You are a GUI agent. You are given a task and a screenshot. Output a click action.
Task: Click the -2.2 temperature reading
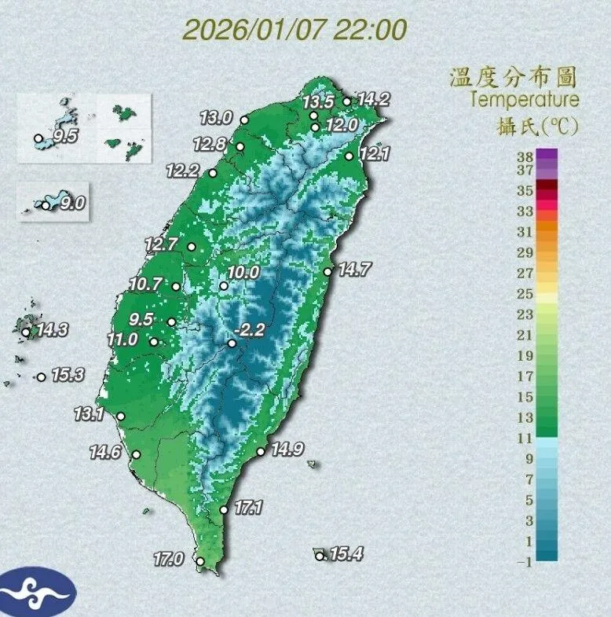click(x=251, y=331)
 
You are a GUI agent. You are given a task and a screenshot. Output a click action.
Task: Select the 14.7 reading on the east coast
click(x=353, y=270)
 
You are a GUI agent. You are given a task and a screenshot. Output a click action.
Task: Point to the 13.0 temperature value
click(x=215, y=118)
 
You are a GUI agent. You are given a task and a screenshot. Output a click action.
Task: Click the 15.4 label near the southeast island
click(x=346, y=554)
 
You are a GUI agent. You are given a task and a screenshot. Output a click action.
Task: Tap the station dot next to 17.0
click(x=200, y=561)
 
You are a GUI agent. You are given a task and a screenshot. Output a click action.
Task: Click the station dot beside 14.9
click(x=261, y=452)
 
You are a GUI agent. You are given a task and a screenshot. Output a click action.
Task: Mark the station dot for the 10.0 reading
click(x=224, y=286)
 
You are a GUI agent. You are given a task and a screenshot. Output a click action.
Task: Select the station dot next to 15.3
click(x=41, y=377)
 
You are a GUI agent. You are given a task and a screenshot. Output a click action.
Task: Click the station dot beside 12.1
click(x=349, y=156)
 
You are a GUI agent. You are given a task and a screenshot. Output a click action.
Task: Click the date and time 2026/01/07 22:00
click(x=295, y=30)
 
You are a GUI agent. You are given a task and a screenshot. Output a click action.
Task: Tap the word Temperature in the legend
click(x=525, y=100)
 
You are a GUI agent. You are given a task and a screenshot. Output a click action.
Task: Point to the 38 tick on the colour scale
click(x=525, y=157)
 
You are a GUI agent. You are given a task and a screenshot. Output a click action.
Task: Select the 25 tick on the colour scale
click(x=525, y=294)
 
